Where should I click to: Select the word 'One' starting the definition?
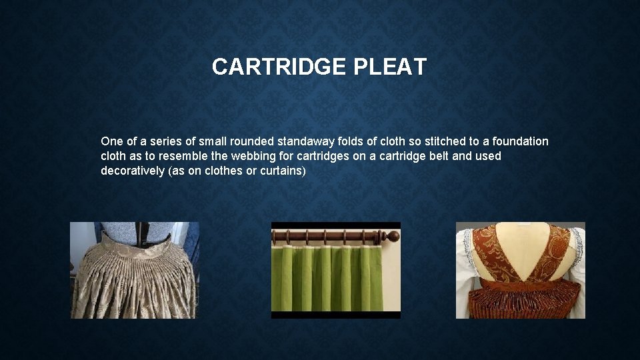[x=111, y=141]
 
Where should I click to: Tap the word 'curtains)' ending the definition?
[x=284, y=171]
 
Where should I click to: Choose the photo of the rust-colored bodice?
[x=520, y=270]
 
